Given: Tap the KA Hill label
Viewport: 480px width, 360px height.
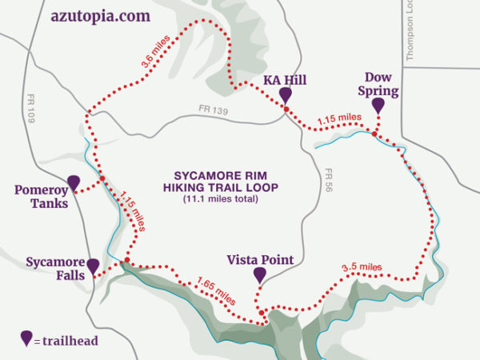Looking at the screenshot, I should coord(285,80).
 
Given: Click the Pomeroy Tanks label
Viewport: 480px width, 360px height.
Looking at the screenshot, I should coord(40,197).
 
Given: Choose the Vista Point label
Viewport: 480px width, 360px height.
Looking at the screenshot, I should coord(260,260).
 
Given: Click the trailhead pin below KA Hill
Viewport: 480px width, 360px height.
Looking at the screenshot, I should coord(285,95).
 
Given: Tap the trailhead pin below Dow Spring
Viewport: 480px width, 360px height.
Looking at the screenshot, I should coord(378,106).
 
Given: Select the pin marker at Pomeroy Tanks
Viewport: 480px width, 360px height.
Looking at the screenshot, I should coord(74,183).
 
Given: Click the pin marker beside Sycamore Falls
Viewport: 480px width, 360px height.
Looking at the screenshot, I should coord(93,266).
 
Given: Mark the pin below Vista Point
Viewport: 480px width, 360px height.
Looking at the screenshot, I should coord(259,275).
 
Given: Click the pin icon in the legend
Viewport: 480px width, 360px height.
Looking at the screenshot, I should coord(26,338).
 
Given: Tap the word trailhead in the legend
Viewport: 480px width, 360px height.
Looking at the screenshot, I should coord(71,341).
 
